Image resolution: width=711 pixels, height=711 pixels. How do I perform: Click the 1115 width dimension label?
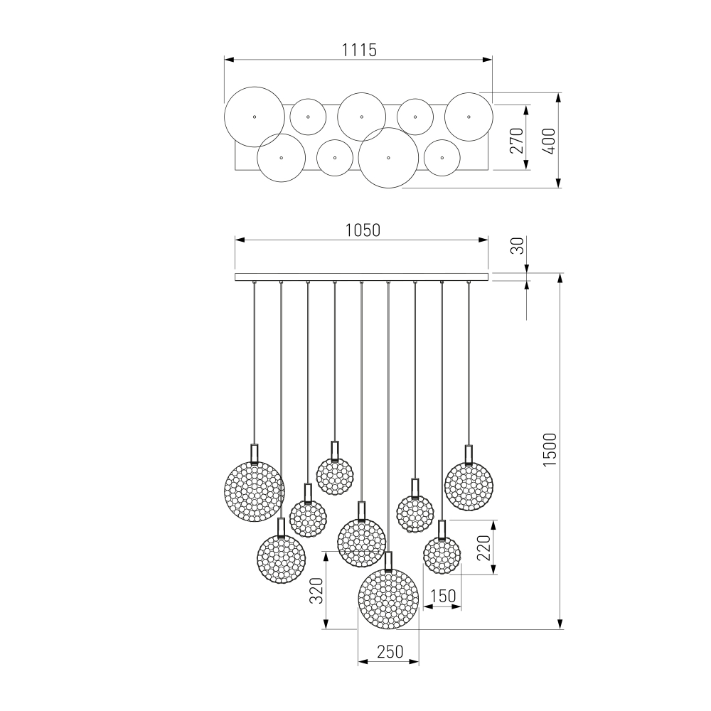pyautogui.click(x=358, y=50)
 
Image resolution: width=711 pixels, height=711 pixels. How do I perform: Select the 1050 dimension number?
pyautogui.click(x=363, y=230)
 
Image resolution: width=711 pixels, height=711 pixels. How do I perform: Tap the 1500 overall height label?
pyautogui.click(x=550, y=450)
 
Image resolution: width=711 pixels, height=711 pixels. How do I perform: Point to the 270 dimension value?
pyautogui.click(x=516, y=141)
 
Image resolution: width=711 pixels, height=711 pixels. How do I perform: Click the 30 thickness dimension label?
pyautogui.click(x=518, y=246)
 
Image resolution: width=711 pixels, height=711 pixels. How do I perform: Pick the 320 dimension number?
pyautogui.click(x=316, y=590)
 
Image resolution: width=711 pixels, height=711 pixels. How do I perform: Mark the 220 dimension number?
pyautogui.click(x=483, y=547)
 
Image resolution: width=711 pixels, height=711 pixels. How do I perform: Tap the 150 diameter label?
pyautogui.click(x=442, y=596)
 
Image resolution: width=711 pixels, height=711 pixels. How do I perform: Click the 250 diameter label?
pyautogui.click(x=390, y=651)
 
